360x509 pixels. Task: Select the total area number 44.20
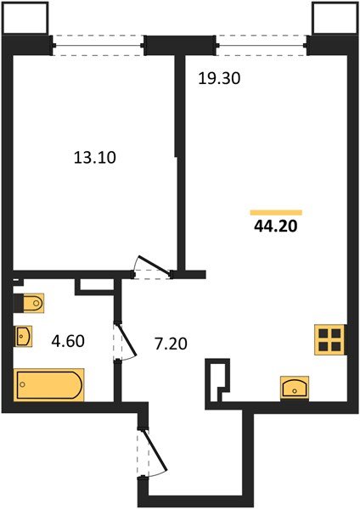click(277, 226)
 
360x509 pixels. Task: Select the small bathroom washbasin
click(23, 337)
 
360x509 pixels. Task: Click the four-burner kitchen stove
click(330, 339)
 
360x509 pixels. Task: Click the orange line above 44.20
click(277, 211)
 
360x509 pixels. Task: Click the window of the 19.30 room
click(263, 44)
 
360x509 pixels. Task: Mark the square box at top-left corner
click(19, 16)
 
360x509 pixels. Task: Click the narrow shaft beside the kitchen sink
click(219, 378)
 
